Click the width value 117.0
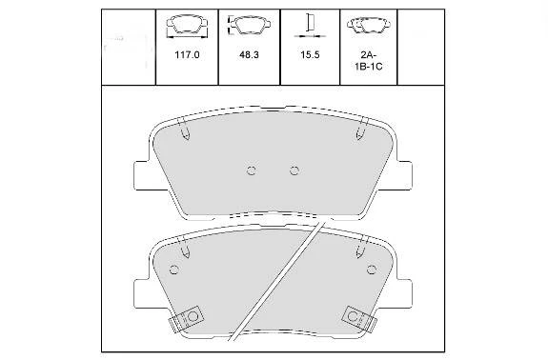coord(187,55)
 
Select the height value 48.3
coord(249,55)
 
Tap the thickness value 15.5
coord(310,55)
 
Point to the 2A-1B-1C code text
coord(369,61)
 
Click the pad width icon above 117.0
coord(188,26)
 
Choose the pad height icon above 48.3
coord(249,25)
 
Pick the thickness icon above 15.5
coord(310,26)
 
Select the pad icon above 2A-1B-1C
coord(369,25)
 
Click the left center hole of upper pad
coord(252,170)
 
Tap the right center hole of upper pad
coord(294,170)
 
